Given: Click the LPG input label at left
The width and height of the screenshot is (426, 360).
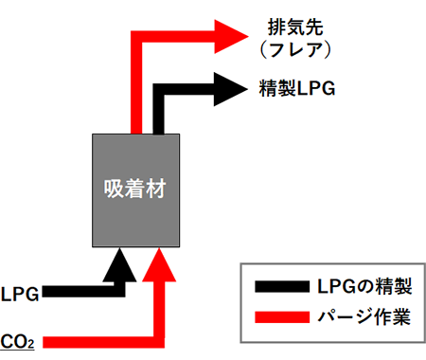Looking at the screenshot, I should click(20, 294).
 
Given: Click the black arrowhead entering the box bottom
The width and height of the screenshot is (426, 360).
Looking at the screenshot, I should click(123, 264).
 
